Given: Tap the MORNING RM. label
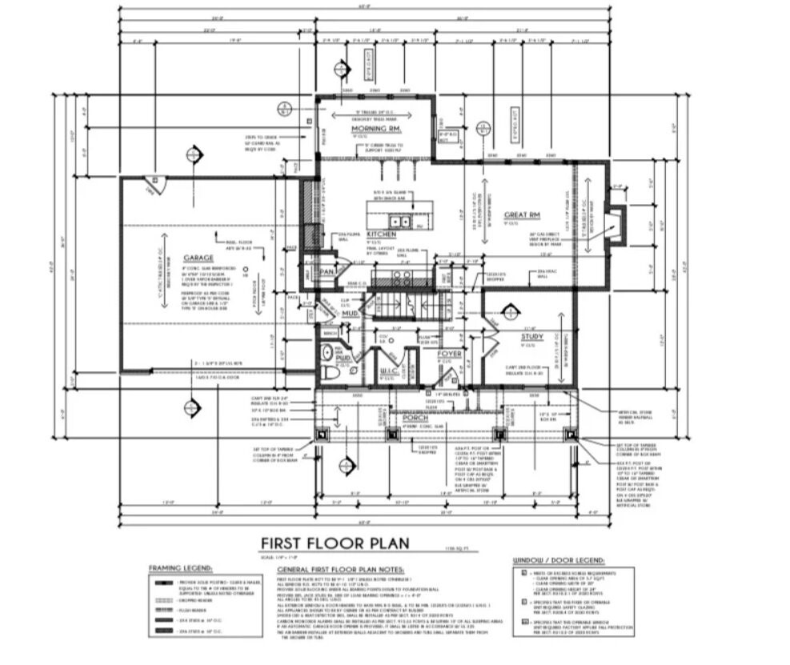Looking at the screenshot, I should pos(375,128).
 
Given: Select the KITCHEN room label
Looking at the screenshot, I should pos(382,234).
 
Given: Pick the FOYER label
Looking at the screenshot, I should pos(448,353).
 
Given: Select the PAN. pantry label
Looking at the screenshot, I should pos(327,273).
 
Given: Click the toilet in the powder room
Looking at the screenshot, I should pos(327,353).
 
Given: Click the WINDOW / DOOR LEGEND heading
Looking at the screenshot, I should pos(564,561).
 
